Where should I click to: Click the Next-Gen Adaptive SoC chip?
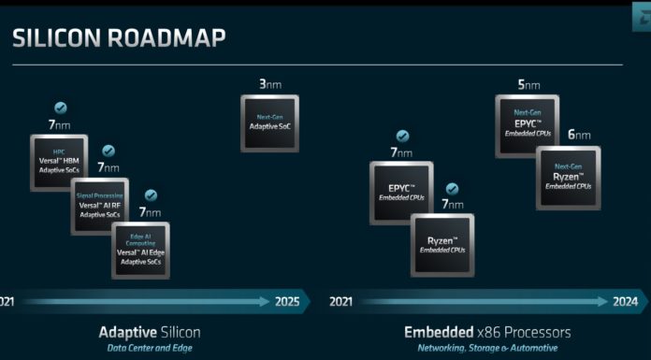click(269, 122)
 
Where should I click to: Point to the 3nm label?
click(269, 84)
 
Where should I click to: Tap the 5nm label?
click(528, 85)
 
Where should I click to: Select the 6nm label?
click(578, 135)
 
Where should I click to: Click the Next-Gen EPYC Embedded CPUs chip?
click(526, 127)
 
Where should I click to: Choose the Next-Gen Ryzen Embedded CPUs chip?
click(569, 177)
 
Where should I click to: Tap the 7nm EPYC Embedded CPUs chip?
click(402, 192)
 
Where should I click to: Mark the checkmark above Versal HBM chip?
click(61, 108)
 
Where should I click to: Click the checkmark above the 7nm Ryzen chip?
click(452, 188)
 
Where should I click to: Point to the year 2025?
click(288, 301)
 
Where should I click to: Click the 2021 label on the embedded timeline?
click(341, 301)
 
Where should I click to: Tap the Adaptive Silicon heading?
click(150, 332)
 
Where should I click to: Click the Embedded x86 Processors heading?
click(486, 332)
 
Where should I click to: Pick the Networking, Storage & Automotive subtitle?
click(486, 350)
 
